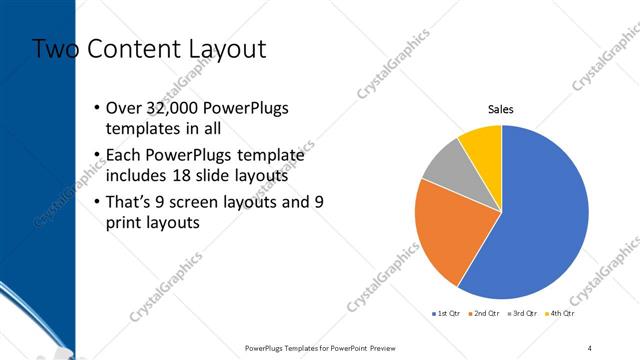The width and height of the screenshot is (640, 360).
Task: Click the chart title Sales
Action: click(x=501, y=109)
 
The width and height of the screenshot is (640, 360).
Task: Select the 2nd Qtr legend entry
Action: click(x=484, y=313)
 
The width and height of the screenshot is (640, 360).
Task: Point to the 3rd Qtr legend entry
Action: click(x=523, y=313)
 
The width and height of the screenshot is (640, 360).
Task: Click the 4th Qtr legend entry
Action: click(x=561, y=313)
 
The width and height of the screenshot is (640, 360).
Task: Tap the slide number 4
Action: click(x=591, y=347)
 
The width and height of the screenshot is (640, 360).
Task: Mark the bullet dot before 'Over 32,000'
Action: click(x=96, y=108)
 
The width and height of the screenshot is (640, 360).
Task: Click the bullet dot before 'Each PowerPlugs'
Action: click(x=96, y=155)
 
